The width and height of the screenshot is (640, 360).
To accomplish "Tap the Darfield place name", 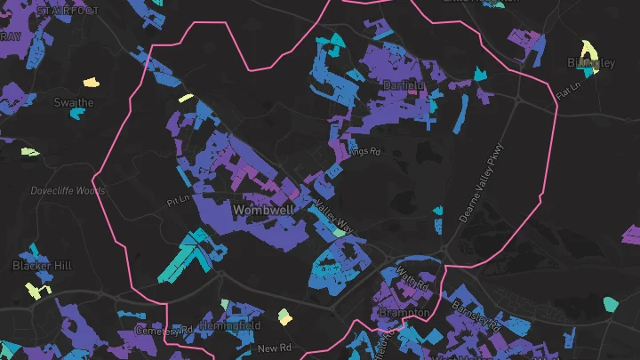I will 404,85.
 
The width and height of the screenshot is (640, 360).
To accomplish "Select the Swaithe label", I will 73,102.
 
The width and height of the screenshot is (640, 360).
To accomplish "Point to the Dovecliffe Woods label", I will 68,190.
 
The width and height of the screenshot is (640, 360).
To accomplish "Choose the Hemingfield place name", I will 230,326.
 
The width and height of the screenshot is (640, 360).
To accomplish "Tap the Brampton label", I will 405,313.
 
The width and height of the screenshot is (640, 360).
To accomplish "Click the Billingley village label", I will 591,62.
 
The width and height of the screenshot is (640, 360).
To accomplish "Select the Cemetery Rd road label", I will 164,330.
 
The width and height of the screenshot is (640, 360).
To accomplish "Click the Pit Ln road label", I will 178,202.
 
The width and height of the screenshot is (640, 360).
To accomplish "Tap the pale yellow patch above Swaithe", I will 91,83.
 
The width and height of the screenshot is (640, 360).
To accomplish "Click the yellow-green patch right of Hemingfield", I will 284,316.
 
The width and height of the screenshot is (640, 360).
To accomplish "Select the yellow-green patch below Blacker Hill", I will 34,290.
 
